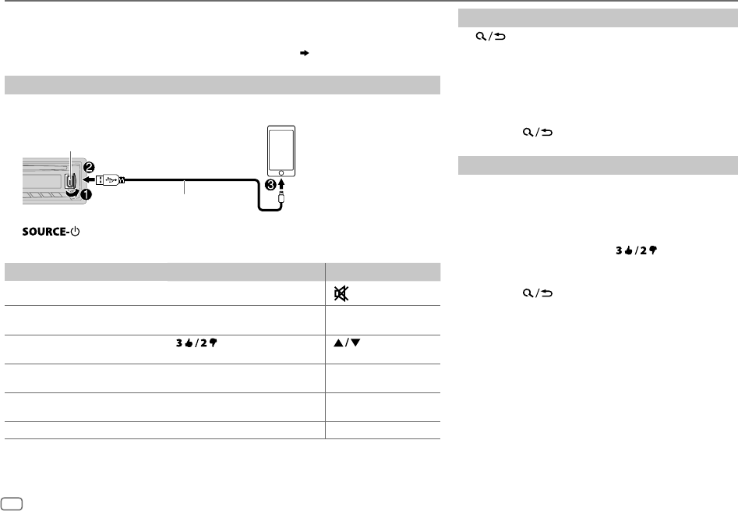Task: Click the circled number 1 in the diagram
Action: point(87,193)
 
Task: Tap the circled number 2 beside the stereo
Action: point(89,167)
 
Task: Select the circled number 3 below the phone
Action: point(270,185)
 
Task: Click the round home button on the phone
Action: point(281,173)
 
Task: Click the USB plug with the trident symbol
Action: point(110,179)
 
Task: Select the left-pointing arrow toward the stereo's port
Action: point(89,179)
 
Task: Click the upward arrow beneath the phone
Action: point(281,183)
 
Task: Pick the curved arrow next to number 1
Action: point(73,193)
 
